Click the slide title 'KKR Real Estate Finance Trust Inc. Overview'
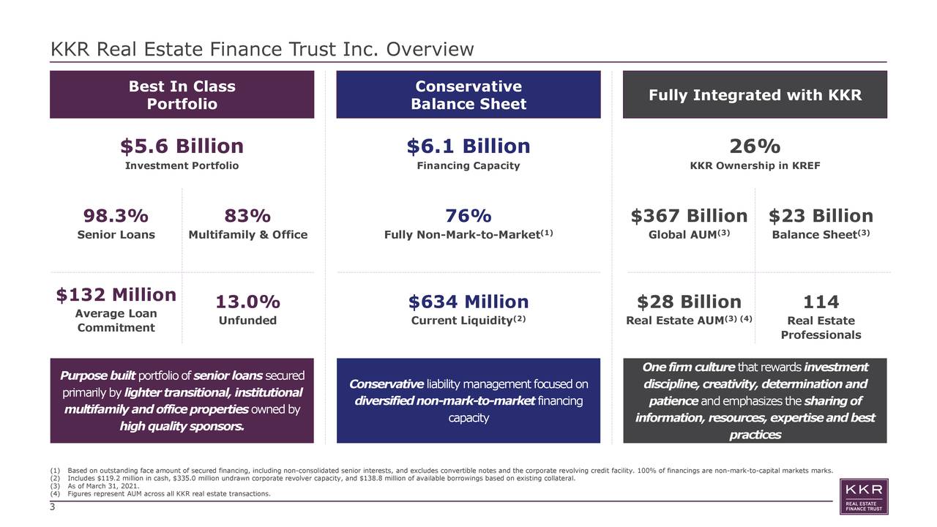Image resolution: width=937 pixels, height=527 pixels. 262,50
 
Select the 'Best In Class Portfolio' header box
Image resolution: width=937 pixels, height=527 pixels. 182,95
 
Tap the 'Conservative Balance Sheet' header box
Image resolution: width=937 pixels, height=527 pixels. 468,95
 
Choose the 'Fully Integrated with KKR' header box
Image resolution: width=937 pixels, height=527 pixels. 755,95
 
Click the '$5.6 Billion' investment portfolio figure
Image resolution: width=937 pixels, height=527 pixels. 182,146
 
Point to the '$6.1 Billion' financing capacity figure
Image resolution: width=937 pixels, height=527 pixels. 468,146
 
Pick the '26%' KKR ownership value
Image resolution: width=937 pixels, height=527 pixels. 755,146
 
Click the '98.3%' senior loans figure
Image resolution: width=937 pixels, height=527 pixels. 116,216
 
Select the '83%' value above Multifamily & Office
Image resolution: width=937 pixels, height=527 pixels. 247,216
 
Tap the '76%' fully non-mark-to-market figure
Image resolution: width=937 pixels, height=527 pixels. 468,216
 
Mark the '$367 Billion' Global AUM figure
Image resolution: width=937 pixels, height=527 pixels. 689,216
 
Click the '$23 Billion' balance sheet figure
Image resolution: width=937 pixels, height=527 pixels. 821,216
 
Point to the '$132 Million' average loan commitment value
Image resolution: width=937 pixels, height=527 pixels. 116,294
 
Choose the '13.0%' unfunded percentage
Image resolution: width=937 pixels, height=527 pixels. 247,302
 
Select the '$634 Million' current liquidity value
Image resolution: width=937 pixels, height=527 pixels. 468,302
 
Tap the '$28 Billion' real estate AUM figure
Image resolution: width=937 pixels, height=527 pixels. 689,302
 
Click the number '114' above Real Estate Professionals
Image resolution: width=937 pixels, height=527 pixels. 821,302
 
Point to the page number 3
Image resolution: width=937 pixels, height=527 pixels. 53,507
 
